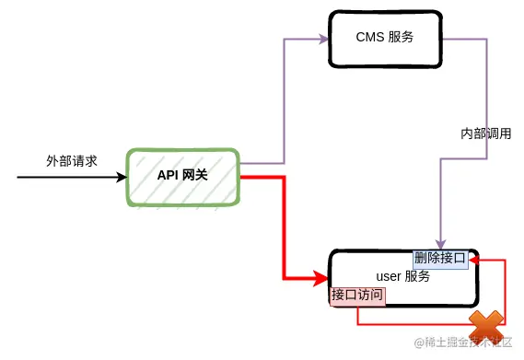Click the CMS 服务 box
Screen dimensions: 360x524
382,39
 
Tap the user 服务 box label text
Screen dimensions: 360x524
403,276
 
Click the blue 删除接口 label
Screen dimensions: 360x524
440,258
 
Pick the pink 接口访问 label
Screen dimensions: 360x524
357,296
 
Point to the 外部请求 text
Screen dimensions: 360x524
72,159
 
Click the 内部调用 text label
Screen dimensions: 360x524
485,134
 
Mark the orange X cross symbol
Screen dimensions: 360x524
486,326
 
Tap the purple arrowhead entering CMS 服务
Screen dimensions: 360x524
323,39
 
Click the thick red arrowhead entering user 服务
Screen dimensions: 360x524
322,276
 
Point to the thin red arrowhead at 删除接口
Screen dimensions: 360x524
474,261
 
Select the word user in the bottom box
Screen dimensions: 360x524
390,276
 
